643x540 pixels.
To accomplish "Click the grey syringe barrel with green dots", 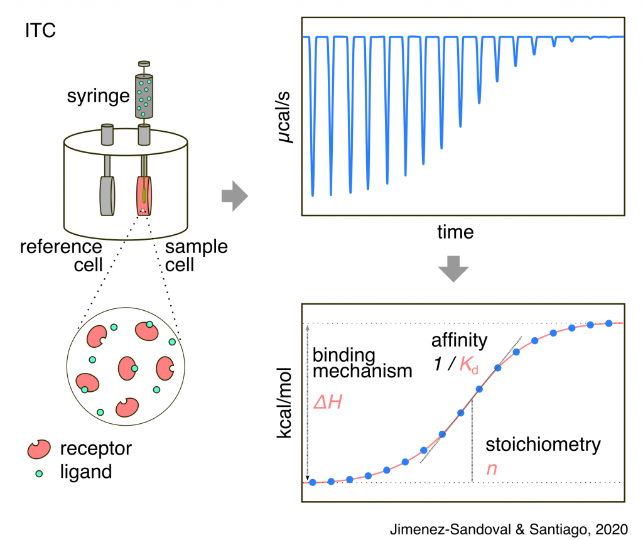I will pyautogui.click(x=144, y=97).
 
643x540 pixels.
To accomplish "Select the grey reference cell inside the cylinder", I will pyautogui.click(x=107, y=196).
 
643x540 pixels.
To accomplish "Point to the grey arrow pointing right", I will pyautogui.click(x=235, y=197).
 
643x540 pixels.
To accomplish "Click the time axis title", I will pyautogui.click(x=455, y=232).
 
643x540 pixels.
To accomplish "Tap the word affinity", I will pyautogui.click(x=459, y=341).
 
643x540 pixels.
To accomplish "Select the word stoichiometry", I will pyautogui.click(x=544, y=445).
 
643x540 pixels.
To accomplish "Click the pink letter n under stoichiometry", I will pyautogui.click(x=492, y=468).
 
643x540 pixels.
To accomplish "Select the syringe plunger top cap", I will pyautogui.click(x=144, y=63).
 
